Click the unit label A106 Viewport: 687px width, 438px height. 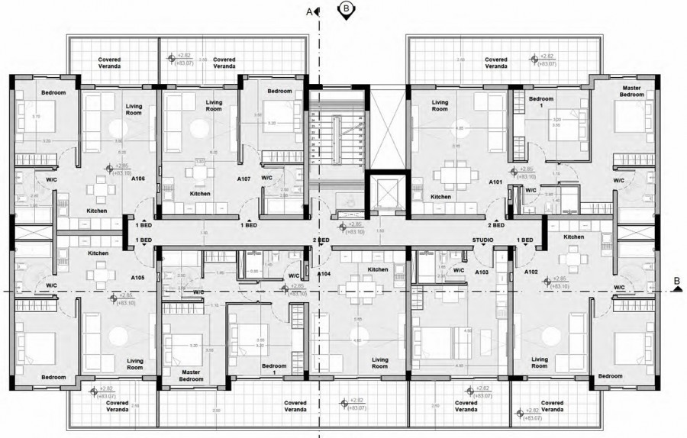pos(138,179)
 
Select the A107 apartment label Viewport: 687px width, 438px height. pos(244,179)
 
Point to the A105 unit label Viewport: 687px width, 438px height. pos(138,277)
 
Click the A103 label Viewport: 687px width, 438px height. pos(482,271)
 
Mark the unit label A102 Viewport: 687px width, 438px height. pos(532,271)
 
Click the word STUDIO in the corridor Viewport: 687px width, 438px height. pos(482,240)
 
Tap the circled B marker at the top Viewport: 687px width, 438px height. pos(346,8)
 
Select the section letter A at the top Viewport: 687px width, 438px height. pos(309,11)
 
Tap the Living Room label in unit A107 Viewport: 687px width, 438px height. pos(214,105)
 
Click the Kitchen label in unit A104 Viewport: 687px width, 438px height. pos(378,270)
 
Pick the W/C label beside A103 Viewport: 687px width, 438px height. pos(459,270)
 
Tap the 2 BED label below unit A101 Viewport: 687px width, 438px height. pos(497,225)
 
